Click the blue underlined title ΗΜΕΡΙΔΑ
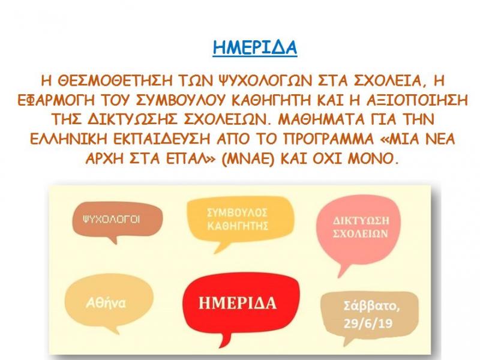pyautogui.click(x=255, y=48)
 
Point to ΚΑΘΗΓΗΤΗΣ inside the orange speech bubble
pyautogui.click(x=236, y=226)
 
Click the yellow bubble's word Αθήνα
pyautogui.click(x=109, y=303)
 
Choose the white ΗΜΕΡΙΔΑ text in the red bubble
pyautogui.click(x=241, y=302)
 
